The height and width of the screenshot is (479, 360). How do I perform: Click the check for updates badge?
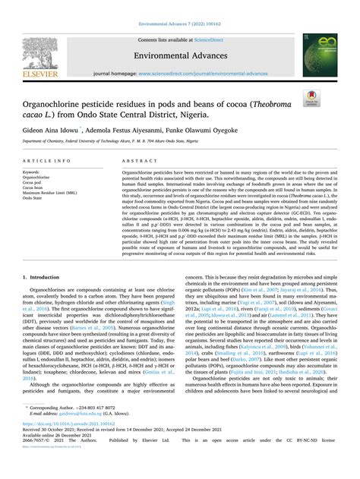[331, 97]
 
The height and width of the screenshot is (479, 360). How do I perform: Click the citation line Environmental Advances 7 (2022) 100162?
[179, 8]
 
